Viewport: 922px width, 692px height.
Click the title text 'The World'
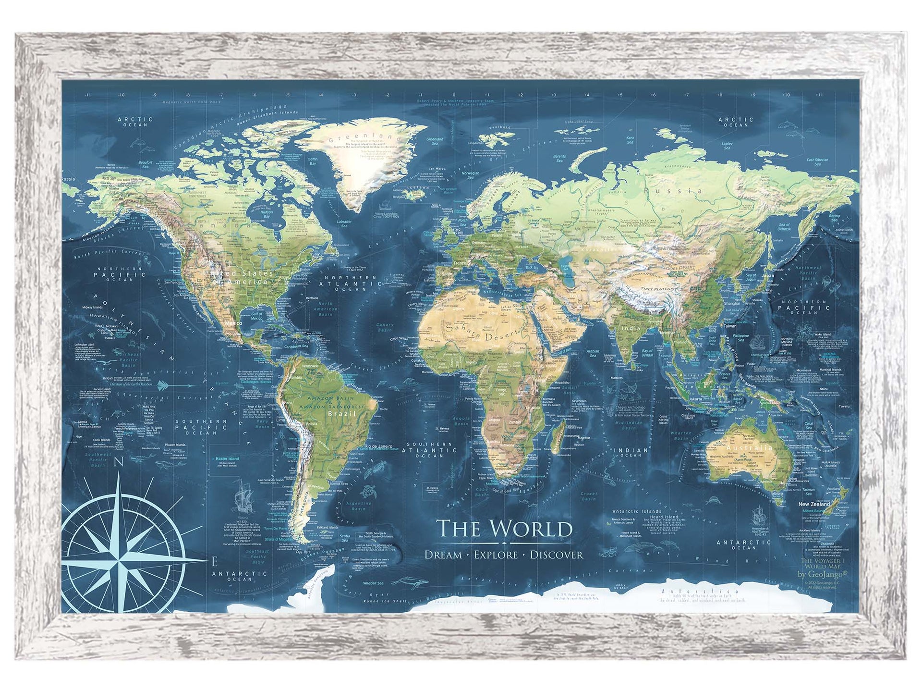point(504,529)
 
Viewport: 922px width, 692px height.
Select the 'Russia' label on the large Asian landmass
point(677,191)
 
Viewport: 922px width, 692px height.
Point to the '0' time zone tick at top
point(454,95)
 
